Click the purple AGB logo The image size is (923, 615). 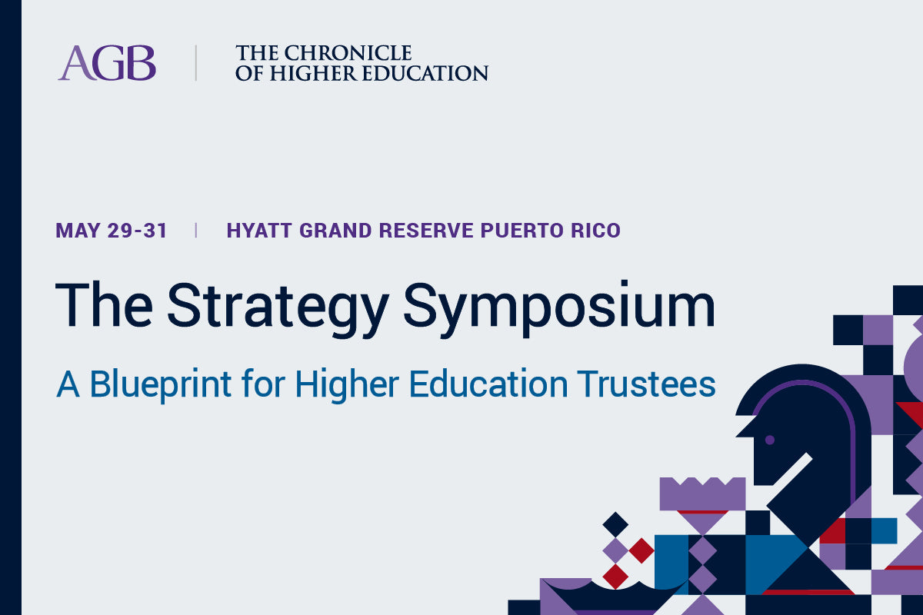tap(107, 62)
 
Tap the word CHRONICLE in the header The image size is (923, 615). tap(348, 53)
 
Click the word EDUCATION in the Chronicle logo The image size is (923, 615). tap(425, 73)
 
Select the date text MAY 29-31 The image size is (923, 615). tap(112, 231)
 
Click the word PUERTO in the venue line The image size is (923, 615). tap(522, 231)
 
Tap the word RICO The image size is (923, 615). tap(596, 231)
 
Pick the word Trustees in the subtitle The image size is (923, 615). tap(646, 384)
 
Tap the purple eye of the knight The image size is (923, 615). tap(770, 440)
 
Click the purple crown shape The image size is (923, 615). tap(702, 494)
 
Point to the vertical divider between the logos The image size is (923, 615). tap(195, 62)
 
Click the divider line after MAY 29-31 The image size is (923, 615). tap(195, 231)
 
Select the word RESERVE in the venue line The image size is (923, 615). tap(426, 231)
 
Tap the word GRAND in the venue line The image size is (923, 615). tap(336, 231)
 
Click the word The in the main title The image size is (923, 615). tap(105, 305)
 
